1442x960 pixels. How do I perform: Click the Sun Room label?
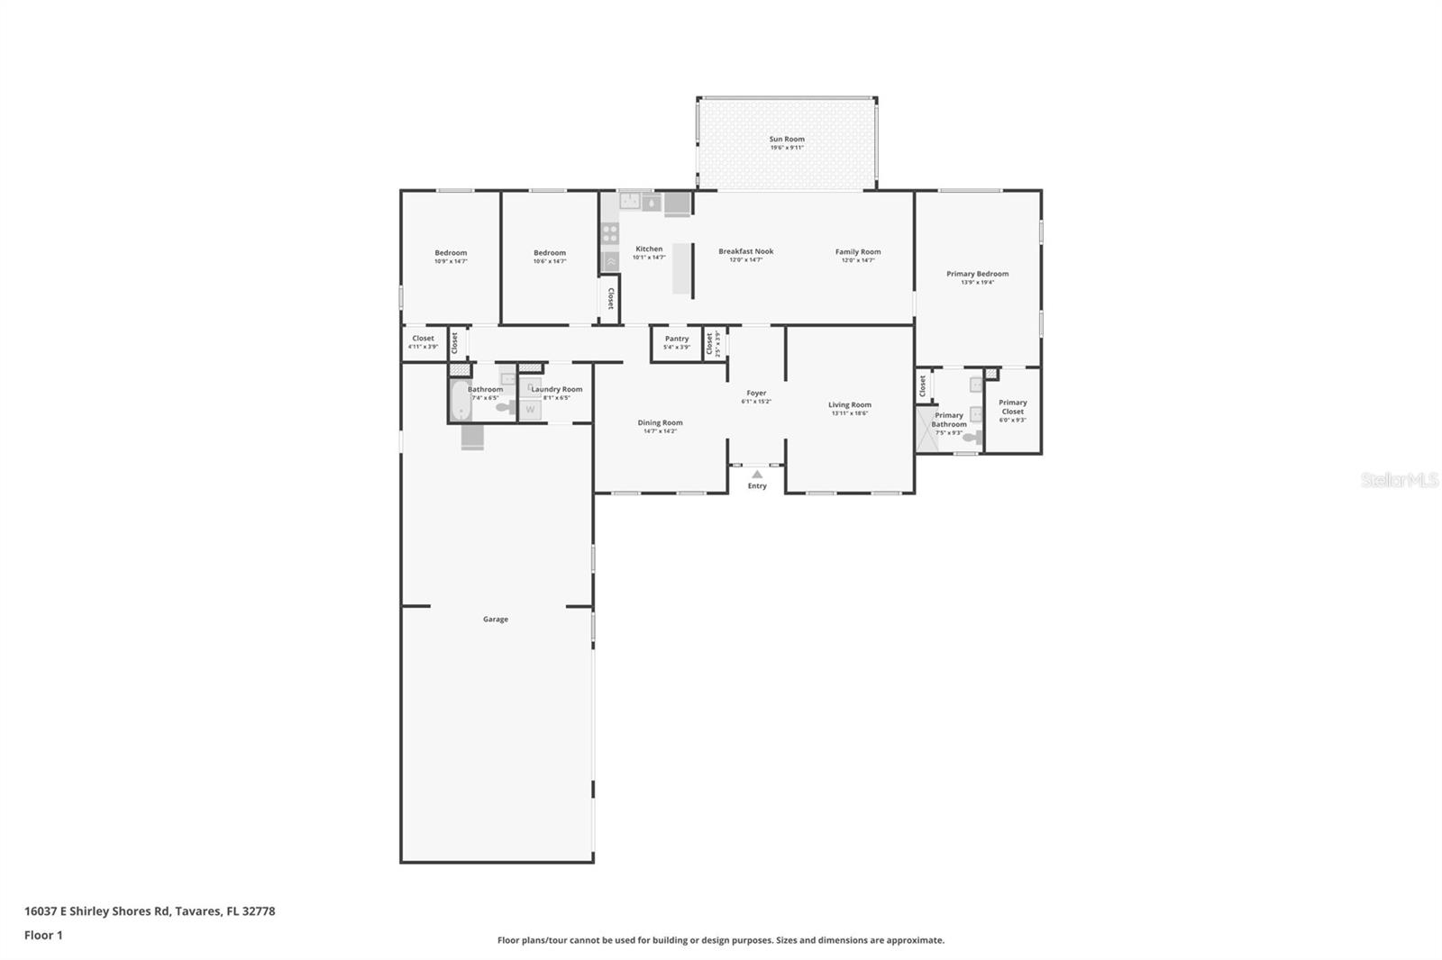[x=786, y=140]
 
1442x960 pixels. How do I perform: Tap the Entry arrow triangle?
[x=757, y=475]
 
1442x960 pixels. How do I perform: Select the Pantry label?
[x=677, y=339]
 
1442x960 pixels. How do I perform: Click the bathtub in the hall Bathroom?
[x=461, y=401]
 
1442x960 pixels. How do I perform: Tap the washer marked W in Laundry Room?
[x=530, y=410]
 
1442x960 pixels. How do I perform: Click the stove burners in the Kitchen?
[x=610, y=234]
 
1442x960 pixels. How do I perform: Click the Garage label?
[x=495, y=620]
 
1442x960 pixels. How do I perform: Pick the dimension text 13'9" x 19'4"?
[x=977, y=283]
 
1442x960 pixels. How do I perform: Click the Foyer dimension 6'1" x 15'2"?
[x=756, y=402]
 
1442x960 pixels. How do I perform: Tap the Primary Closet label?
[x=1012, y=407]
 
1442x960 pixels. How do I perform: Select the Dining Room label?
[x=660, y=422]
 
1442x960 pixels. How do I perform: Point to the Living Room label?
[x=849, y=405]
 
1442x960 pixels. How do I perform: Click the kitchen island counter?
[x=682, y=268]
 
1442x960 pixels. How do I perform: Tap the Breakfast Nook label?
[x=745, y=251]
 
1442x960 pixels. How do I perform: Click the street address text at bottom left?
[x=150, y=910]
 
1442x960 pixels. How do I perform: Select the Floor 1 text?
[x=43, y=935]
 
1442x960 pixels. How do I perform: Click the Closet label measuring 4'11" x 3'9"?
[x=423, y=339]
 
